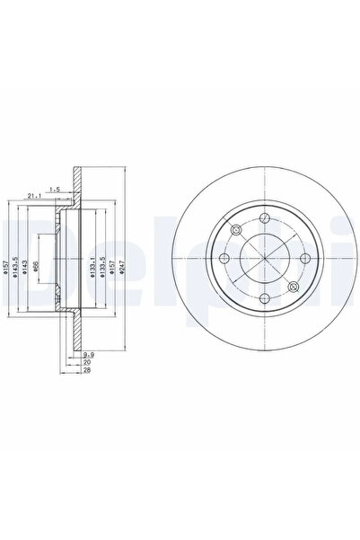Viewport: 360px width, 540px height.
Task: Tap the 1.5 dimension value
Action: click(x=56, y=189)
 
